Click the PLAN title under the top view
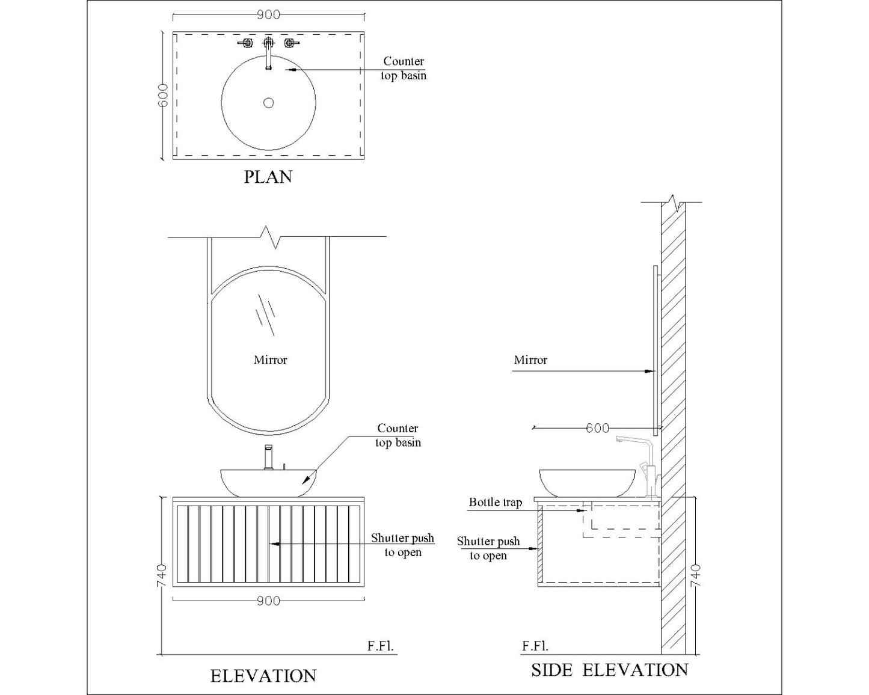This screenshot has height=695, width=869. (x=268, y=177)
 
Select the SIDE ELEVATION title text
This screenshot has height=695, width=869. (x=609, y=670)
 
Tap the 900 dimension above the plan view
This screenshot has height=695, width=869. (x=268, y=15)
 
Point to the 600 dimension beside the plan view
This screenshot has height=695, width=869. (x=162, y=96)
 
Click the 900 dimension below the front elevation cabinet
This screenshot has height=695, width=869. (x=268, y=601)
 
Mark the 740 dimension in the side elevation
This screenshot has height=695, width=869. (x=696, y=575)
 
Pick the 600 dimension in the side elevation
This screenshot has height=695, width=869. (x=597, y=428)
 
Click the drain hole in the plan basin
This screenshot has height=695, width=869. (x=268, y=103)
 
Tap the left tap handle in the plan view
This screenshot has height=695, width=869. (x=245, y=43)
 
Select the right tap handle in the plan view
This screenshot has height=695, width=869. (x=291, y=43)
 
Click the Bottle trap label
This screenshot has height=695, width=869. (x=496, y=502)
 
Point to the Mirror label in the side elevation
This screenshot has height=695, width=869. (x=530, y=360)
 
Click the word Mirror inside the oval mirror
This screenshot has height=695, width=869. (x=270, y=360)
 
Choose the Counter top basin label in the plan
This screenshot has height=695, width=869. (x=404, y=69)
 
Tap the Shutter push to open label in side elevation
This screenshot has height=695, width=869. (x=488, y=548)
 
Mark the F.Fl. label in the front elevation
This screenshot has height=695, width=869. (x=380, y=646)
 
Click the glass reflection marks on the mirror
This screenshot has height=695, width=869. (x=266, y=314)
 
